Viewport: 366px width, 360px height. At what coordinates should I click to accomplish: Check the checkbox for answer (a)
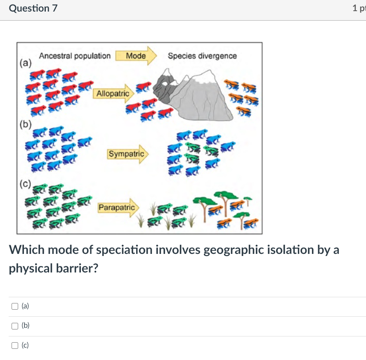(x=15, y=306)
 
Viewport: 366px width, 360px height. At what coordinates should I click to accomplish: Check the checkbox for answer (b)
(x=15, y=326)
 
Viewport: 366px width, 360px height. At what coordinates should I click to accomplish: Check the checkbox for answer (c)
(x=15, y=346)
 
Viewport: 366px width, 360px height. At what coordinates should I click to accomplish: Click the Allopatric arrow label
(x=113, y=94)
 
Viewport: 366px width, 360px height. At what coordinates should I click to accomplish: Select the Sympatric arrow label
(x=126, y=154)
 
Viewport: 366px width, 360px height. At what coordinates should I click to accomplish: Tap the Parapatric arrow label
(x=117, y=207)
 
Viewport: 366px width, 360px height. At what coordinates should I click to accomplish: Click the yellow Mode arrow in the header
(x=136, y=56)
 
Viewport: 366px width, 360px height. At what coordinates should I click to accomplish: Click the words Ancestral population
(x=75, y=56)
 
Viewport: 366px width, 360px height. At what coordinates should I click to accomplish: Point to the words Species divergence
(x=202, y=56)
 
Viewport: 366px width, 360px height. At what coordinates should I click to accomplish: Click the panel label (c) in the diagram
(x=25, y=184)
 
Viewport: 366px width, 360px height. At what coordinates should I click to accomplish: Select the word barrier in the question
(x=78, y=268)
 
